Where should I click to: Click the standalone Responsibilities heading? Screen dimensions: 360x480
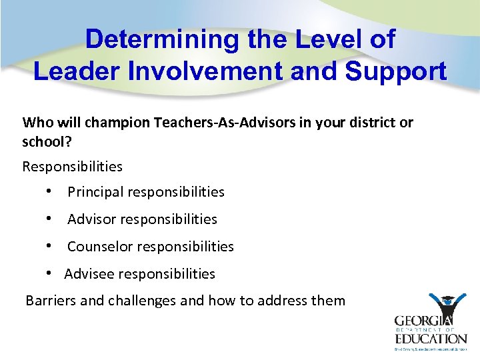(72, 165)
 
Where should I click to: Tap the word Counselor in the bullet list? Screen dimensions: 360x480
(99, 247)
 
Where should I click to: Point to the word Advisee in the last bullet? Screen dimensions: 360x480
(89, 274)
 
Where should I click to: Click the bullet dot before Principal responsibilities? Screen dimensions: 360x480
(50, 192)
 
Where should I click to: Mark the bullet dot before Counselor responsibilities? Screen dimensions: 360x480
(50, 247)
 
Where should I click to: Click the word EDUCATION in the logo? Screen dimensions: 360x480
(431, 338)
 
